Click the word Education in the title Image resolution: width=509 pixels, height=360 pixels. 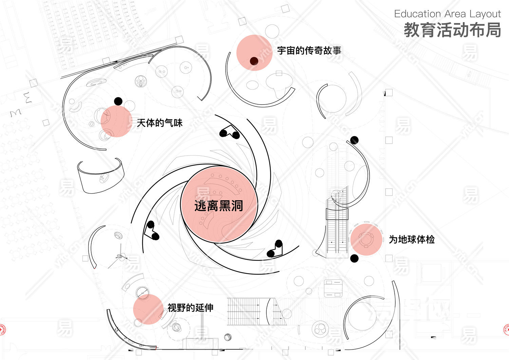click(417, 14)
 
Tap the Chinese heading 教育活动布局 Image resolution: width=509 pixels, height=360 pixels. click(452, 30)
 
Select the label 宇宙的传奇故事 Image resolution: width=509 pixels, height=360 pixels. click(309, 51)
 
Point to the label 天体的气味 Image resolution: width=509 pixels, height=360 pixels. click(159, 123)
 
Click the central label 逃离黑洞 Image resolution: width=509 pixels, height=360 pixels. click(219, 206)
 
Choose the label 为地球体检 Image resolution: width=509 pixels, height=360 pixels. click(412, 239)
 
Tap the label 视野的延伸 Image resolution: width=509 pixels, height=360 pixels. click(190, 308)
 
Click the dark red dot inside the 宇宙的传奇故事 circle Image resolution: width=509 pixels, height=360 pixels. click(254, 61)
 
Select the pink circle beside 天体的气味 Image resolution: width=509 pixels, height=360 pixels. click(116, 121)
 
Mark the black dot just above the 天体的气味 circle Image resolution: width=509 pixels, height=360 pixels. click(118, 101)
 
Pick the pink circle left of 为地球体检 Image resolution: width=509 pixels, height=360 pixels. click(366, 239)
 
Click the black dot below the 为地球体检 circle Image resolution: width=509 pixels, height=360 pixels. click(354, 258)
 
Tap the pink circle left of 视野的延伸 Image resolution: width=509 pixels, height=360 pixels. click(148, 309)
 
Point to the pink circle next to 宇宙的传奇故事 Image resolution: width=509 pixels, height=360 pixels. click(254, 53)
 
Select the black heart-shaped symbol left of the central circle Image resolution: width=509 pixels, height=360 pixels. click(151, 230)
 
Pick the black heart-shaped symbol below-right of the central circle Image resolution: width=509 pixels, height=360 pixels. click(275, 249)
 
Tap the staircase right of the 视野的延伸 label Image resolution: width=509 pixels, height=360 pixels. click(251, 311)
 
